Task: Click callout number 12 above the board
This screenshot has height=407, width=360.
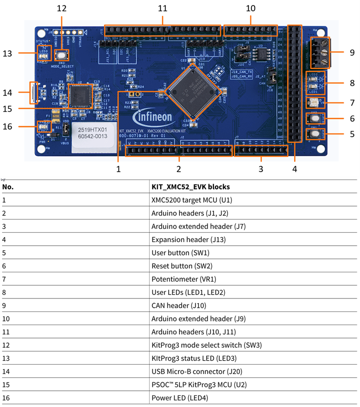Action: tap(61, 8)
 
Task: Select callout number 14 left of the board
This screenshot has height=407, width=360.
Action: tap(7, 92)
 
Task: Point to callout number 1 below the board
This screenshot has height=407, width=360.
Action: tap(118, 168)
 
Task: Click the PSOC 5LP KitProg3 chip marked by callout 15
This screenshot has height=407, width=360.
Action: tap(81, 96)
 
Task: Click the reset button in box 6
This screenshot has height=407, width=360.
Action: tap(315, 118)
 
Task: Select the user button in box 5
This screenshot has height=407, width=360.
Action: tap(315, 133)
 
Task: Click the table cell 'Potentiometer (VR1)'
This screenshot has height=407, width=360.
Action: tap(184, 279)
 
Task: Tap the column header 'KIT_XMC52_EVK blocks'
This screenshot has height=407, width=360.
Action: tap(191, 187)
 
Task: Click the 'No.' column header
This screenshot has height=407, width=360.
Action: tap(8, 187)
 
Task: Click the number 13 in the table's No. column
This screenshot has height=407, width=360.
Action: tap(6, 359)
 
